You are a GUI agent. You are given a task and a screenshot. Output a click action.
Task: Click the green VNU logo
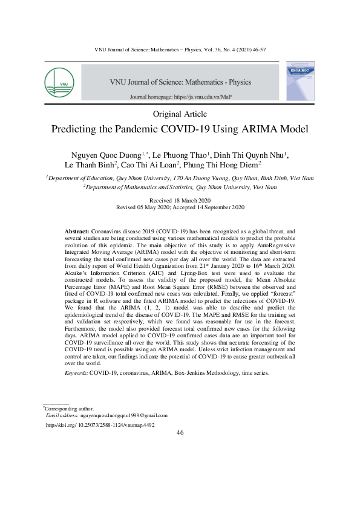59,82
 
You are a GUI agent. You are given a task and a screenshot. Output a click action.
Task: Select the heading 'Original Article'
180,114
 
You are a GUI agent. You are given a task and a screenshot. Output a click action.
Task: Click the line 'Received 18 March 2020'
180,200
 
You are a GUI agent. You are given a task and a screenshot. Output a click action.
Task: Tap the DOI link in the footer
100,425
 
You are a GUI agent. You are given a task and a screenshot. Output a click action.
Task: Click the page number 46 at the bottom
180,433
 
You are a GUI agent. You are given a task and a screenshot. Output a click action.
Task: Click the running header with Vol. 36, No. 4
180,48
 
